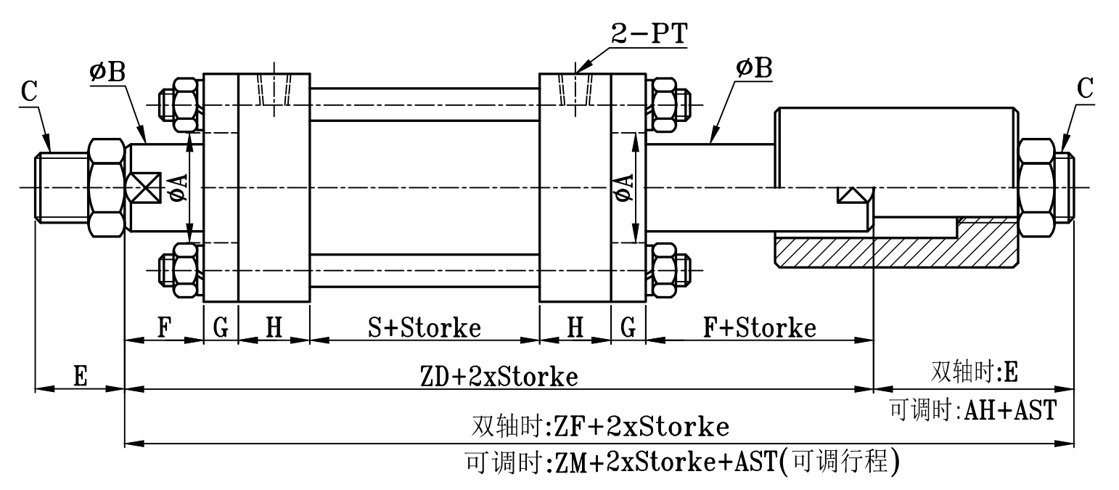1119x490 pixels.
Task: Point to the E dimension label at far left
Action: pos(81,377)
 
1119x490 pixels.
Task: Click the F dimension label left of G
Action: pos(164,328)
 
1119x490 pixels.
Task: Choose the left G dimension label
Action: pos(221,328)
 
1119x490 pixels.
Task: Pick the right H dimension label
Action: pos(575,328)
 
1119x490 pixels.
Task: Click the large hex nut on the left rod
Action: pos(106,187)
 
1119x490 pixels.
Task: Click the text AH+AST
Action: pos(1009,411)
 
